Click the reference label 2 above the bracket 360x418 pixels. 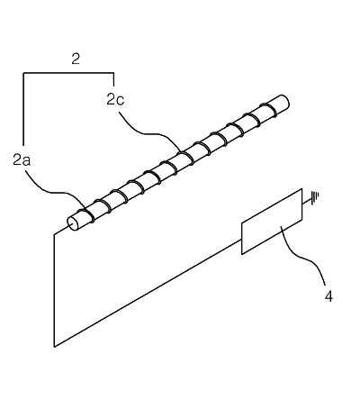[76, 59]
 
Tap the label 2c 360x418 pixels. [115, 99]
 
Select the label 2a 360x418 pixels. [22, 160]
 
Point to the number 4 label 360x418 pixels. [328, 296]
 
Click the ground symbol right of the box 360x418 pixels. [315, 198]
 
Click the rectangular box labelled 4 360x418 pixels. [272, 222]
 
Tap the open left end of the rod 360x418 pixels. [72, 223]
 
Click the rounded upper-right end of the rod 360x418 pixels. [284, 102]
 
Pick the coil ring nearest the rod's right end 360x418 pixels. [268, 109]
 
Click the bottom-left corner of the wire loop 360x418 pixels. [54, 347]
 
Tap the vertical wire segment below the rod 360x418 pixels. [54, 290]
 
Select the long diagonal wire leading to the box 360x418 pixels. [148, 293]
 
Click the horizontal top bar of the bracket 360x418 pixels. [68, 73]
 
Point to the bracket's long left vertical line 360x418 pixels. [23, 109]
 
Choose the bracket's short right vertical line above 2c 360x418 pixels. [113, 79]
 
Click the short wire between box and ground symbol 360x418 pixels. [307, 204]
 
